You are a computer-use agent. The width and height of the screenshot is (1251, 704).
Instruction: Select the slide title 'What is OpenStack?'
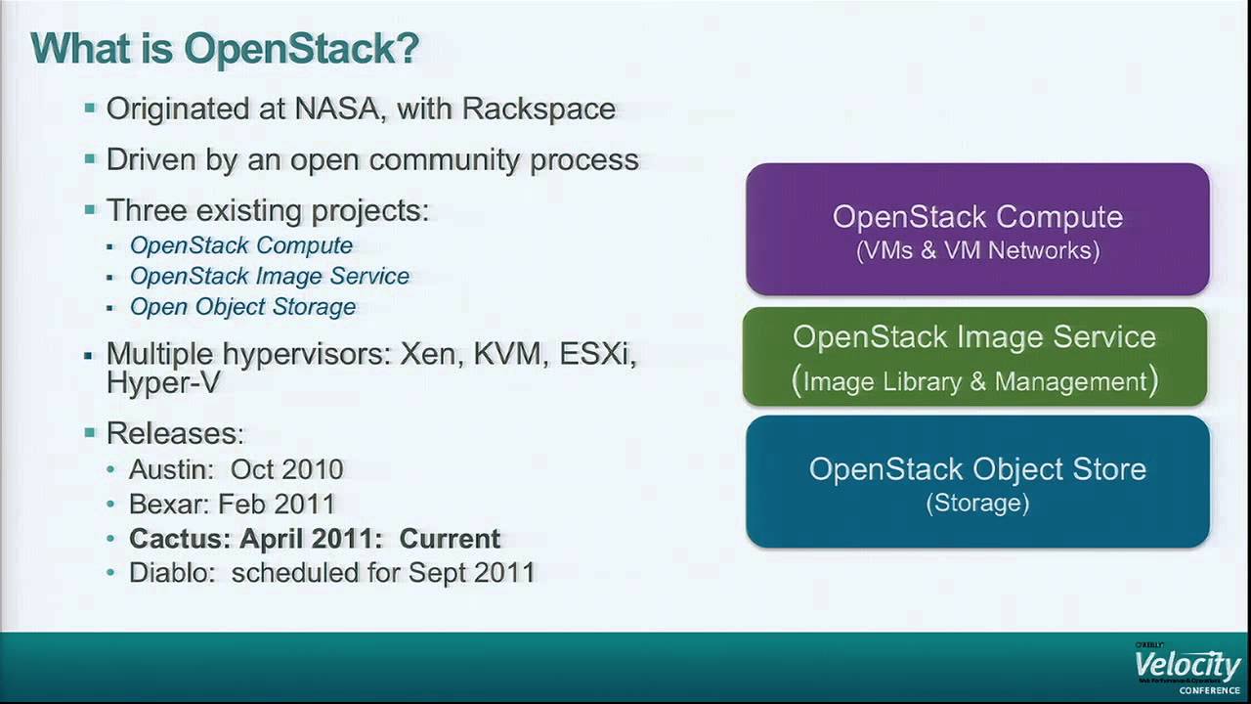point(225,48)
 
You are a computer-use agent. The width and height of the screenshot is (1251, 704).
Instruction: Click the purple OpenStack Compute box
point(978,229)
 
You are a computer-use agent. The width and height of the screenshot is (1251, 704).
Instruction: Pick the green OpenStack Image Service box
point(975,357)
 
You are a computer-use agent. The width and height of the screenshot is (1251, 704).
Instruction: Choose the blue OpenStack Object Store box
point(978,481)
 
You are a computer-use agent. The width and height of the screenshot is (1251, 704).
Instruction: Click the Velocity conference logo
point(1187,667)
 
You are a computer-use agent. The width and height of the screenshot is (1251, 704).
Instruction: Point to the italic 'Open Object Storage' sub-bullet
point(243,307)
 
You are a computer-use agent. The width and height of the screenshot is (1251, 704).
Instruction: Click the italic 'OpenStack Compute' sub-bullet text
point(241,245)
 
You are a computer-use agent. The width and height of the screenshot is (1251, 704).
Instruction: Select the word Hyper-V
point(163,382)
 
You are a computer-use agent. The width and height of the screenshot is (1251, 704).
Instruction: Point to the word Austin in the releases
point(171,469)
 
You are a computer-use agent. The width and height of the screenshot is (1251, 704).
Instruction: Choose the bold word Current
point(451,539)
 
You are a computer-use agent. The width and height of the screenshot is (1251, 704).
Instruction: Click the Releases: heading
point(175,433)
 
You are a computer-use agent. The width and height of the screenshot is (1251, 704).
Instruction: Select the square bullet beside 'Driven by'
point(90,159)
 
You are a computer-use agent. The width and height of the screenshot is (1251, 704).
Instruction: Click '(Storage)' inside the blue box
point(977,503)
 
